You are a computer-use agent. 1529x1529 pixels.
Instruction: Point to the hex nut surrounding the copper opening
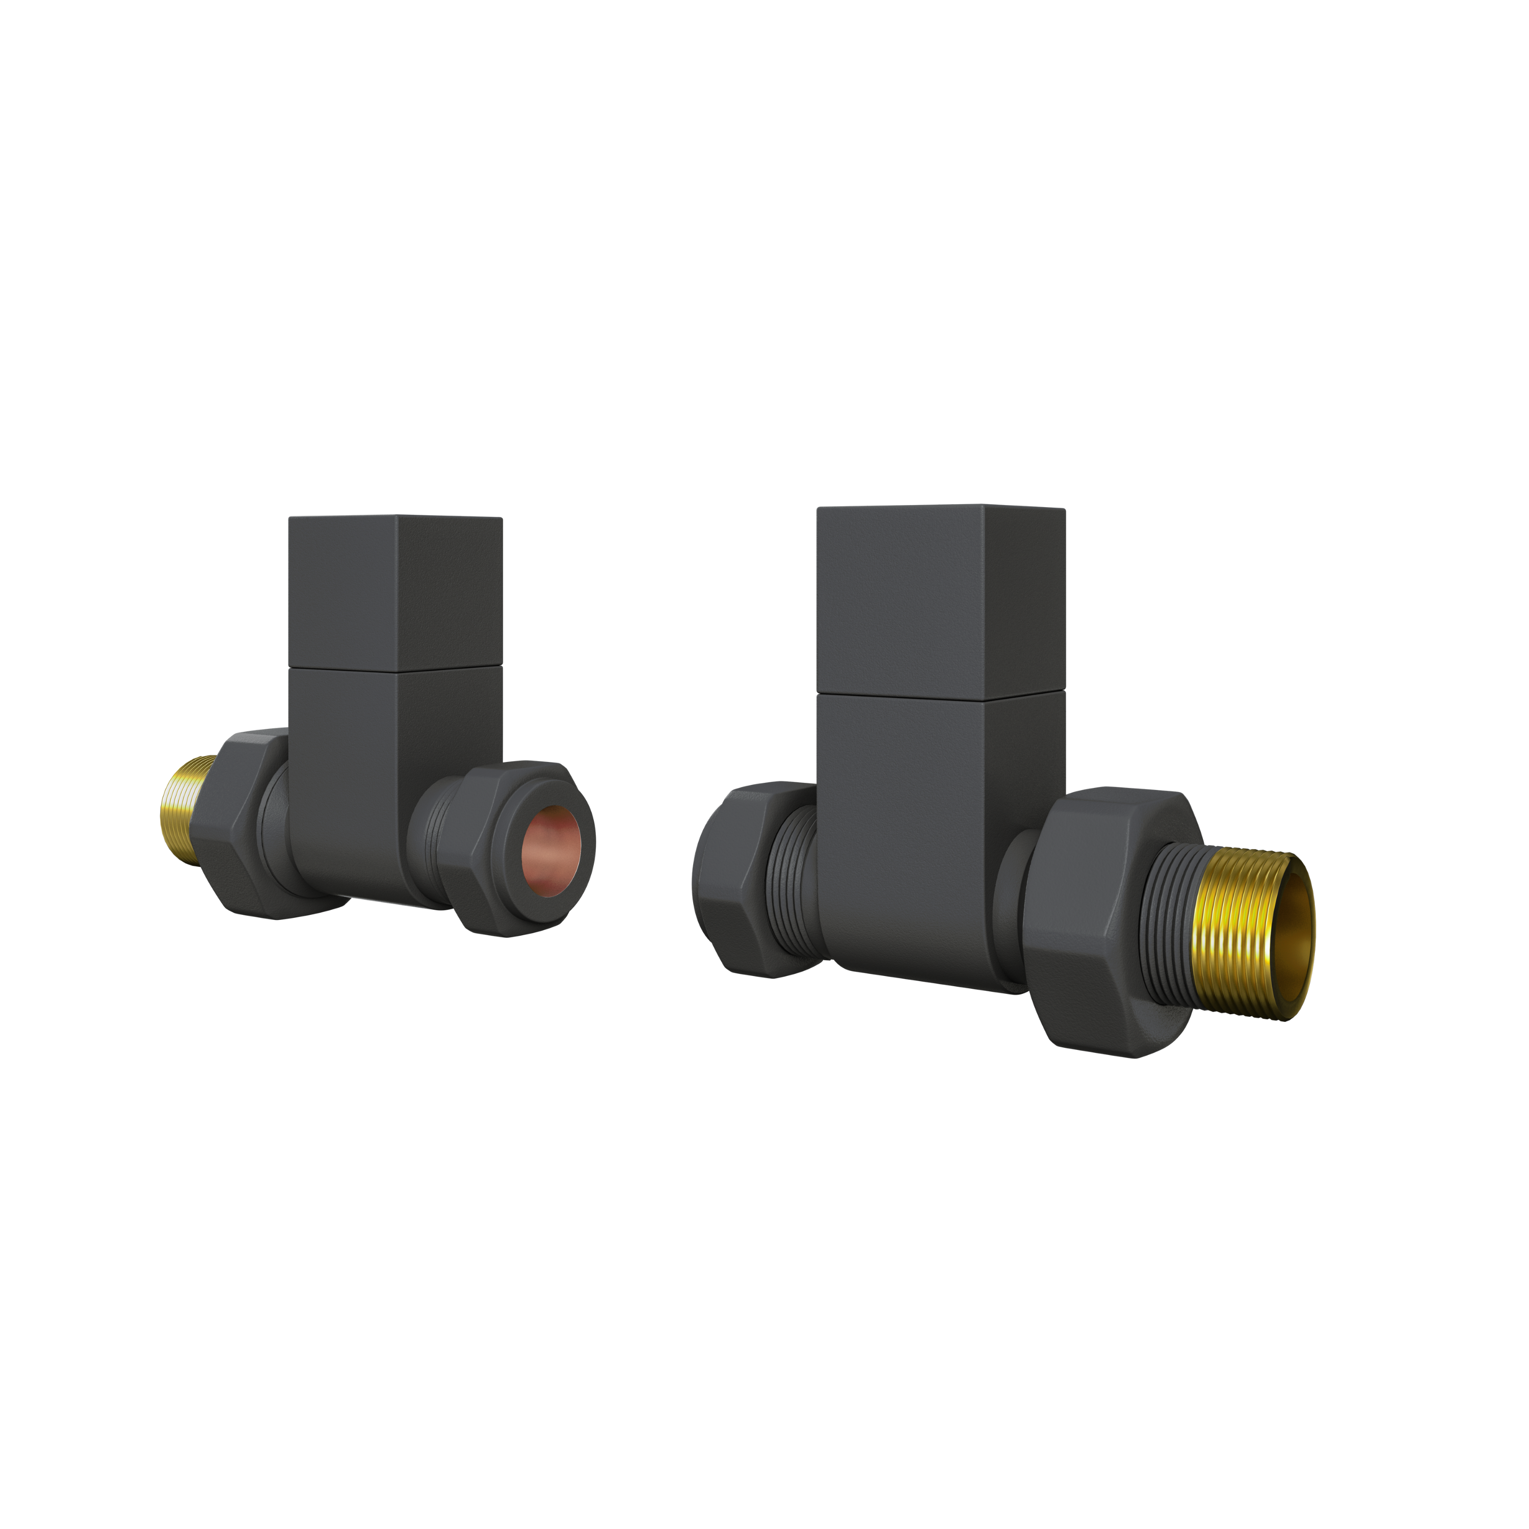pos(491,855)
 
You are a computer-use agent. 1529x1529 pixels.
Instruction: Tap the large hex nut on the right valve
pos(1084,918)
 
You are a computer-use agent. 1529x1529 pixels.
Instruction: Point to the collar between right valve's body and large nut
pos(1010,902)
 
